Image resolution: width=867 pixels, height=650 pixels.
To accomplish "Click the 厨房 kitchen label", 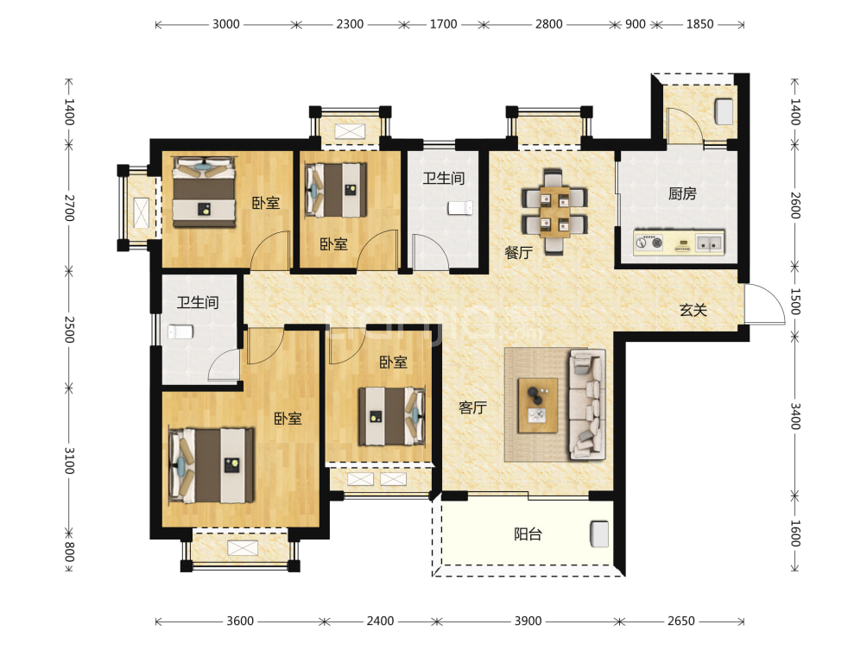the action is tap(681, 193).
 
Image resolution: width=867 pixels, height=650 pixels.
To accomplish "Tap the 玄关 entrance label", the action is tap(693, 310).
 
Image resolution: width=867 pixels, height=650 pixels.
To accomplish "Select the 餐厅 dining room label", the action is tap(518, 253).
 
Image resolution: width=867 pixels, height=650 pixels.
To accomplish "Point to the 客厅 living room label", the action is tap(472, 407).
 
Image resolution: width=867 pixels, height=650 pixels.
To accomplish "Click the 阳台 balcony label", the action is tap(528, 534).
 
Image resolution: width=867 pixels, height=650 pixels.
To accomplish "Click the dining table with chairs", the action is tap(554, 211).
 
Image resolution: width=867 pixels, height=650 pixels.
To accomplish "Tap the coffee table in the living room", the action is tap(537, 405).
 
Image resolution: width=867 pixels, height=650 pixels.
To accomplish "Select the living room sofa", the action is tap(587, 404).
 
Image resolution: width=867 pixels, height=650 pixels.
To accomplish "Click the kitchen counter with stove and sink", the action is tap(679, 243).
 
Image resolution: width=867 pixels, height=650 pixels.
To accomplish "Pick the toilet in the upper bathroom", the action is tap(460, 208).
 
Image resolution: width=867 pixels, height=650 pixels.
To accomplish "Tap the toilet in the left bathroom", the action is tap(180, 331).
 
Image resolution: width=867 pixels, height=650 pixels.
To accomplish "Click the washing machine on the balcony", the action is tap(599, 533).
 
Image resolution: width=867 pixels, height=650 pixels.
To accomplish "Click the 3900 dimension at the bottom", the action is tap(528, 621).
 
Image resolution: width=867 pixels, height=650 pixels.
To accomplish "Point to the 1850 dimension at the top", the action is tap(699, 24).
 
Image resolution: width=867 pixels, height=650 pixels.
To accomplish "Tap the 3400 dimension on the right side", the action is tap(795, 416).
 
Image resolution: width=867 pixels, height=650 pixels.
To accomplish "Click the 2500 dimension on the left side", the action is tap(69, 330).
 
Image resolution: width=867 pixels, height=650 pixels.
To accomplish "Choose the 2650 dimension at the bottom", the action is tap(680, 621).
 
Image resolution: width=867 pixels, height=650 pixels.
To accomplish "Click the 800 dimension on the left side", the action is tap(69, 551).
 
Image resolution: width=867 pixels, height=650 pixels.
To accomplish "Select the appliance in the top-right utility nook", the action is tap(724, 111).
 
